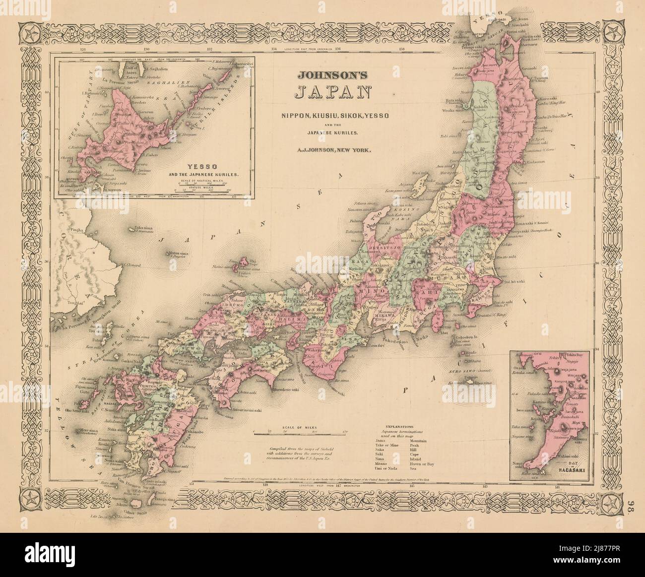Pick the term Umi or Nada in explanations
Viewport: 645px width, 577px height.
click(x=389, y=467)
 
